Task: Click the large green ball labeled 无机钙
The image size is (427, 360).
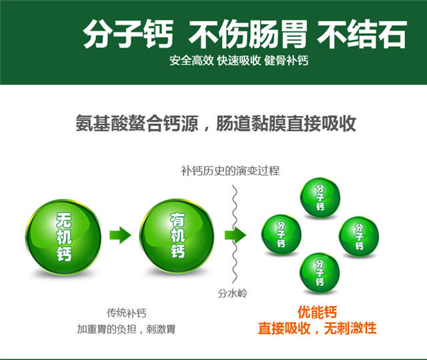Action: click(x=63, y=237)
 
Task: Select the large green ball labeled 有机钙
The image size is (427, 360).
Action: click(x=177, y=236)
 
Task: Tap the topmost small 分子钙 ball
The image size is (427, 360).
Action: click(x=320, y=197)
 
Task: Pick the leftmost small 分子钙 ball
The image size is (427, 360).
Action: click(x=282, y=235)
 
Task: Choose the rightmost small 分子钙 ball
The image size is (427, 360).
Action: click(x=359, y=237)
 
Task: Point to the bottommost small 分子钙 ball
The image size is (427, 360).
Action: click(x=320, y=273)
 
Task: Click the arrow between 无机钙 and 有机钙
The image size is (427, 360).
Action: click(x=120, y=235)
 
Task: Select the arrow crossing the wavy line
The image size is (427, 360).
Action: click(x=236, y=235)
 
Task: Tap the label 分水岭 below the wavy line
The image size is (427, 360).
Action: click(x=232, y=293)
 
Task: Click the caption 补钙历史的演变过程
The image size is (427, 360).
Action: click(x=230, y=171)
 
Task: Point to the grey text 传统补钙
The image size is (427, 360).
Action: click(x=126, y=313)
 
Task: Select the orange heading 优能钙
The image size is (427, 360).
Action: click(x=318, y=312)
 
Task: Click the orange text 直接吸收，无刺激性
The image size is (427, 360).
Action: click(x=318, y=328)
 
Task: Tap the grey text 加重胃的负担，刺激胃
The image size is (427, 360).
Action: click(x=126, y=329)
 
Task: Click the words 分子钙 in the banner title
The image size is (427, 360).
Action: click(x=128, y=34)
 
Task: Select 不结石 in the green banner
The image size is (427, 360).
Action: click(x=362, y=34)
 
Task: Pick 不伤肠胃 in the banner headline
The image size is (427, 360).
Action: click(x=248, y=34)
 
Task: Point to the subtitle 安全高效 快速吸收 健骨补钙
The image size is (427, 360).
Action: click(x=239, y=61)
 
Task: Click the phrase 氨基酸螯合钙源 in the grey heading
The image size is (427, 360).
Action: click(x=137, y=123)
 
